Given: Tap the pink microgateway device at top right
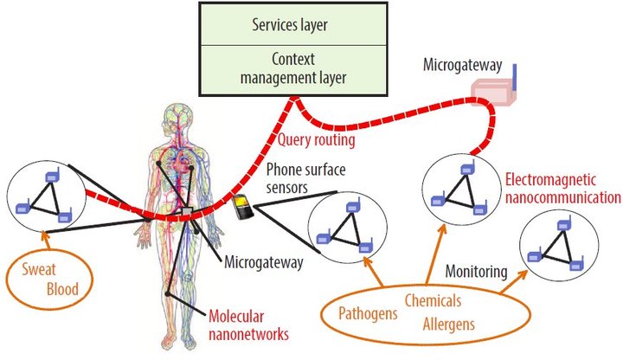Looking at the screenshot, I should point(494,90).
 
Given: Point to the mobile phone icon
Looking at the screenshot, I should point(245,207).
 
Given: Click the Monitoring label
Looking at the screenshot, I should point(476,272).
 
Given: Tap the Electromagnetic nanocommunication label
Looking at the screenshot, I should point(562,189).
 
